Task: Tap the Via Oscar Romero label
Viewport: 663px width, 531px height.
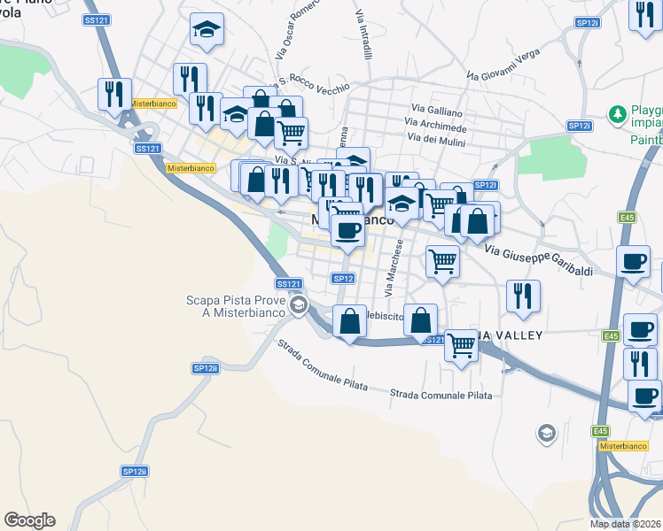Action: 297,36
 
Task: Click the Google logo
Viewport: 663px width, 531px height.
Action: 29,520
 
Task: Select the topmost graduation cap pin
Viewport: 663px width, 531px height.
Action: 207,31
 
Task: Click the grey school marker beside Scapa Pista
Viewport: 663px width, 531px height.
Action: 299,306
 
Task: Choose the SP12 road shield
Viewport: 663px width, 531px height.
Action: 344,279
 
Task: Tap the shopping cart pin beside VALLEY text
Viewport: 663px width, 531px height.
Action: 461,346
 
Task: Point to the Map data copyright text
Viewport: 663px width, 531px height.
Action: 626,524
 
